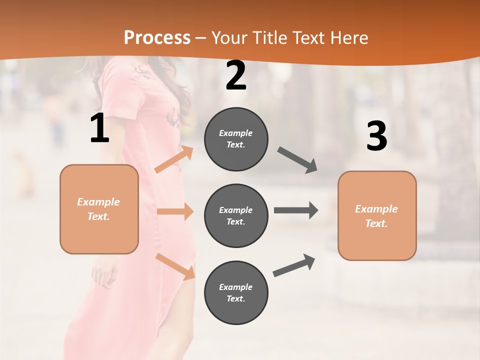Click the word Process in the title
point(157,37)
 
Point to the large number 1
point(99,129)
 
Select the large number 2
point(236,76)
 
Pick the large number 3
point(376,136)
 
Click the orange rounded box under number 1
point(99,209)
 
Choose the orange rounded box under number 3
point(377,215)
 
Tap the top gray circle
point(236,139)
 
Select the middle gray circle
point(236,215)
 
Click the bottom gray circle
point(236,292)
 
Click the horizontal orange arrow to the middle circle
point(175,211)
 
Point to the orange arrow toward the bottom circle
point(175,266)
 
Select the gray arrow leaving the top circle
point(297,160)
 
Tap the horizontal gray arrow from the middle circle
point(296,210)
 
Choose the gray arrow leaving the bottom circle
point(294,265)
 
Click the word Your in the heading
point(230,37)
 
